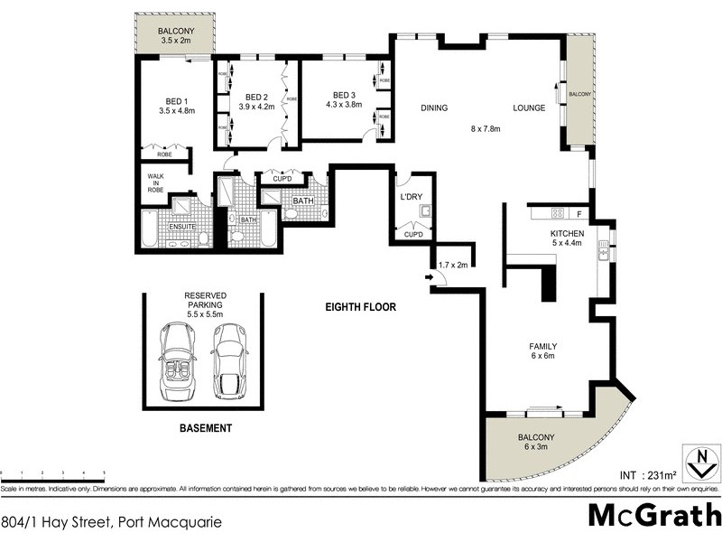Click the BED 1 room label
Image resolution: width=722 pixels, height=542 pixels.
(176, 100)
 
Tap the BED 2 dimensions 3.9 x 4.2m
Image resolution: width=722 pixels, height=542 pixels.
(255, 107)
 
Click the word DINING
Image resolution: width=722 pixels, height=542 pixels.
(434, 108)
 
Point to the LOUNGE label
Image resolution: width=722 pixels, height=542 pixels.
(530, 108)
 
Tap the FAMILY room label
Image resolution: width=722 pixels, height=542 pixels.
(542, 346)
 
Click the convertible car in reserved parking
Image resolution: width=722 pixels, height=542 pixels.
(178, 362)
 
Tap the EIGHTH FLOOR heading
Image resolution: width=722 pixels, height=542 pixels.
(360, 307)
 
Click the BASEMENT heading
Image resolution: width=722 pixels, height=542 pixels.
(205, 428)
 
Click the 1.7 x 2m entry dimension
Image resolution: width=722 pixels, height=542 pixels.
(453, 265)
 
